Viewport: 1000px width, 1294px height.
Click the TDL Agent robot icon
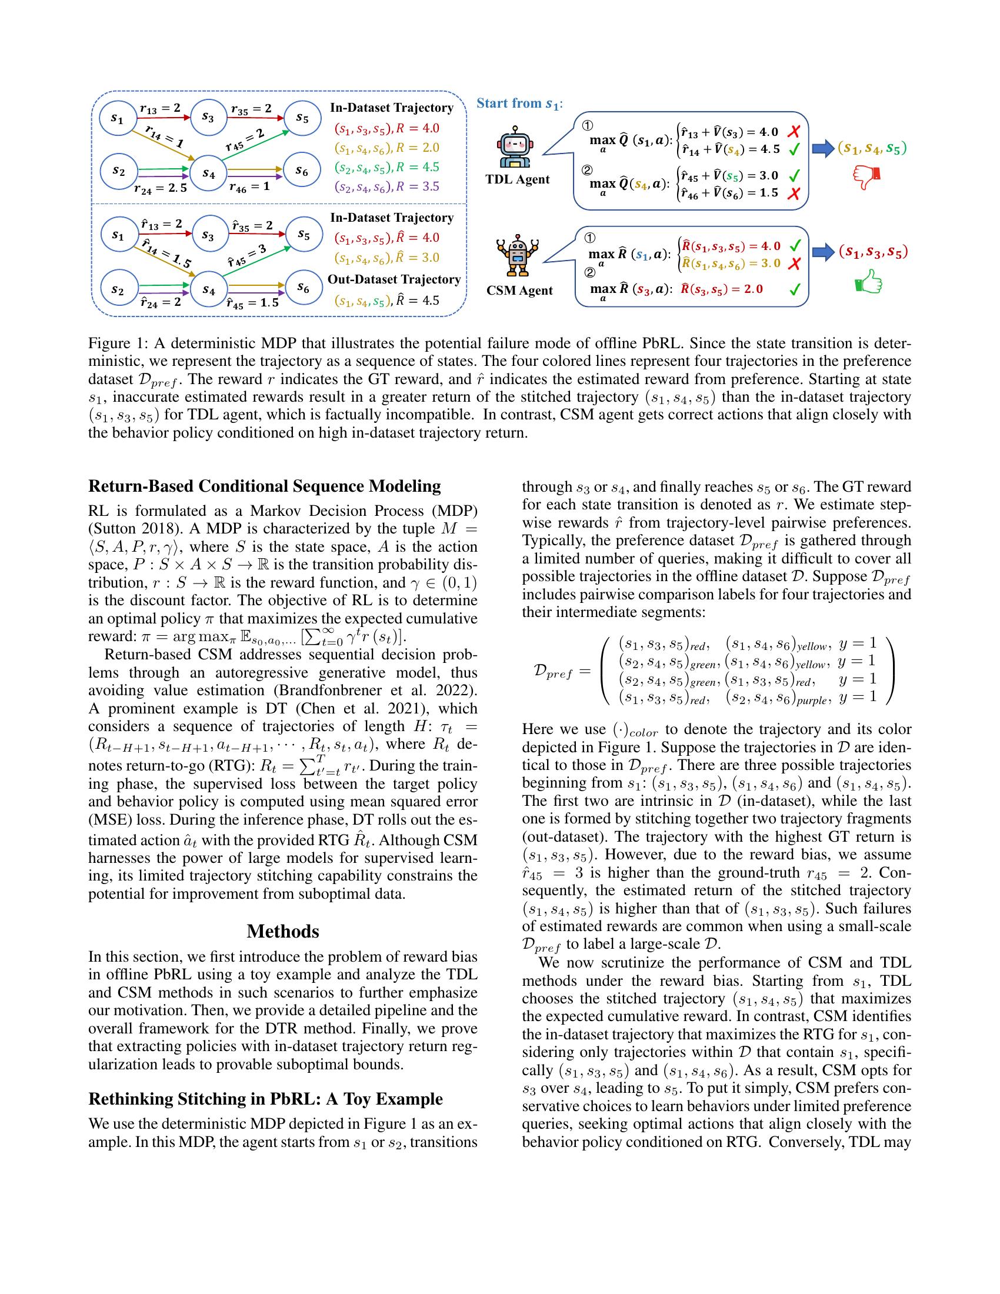(514, 146)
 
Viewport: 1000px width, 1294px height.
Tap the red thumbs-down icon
(866, 176)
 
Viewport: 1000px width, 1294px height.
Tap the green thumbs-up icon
(868, 282)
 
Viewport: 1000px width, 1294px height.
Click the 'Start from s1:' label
(519, 104)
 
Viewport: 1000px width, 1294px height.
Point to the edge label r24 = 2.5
(160, 189)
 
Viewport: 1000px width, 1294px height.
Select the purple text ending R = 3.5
(387, 187)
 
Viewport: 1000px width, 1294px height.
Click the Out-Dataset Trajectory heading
(394, 279)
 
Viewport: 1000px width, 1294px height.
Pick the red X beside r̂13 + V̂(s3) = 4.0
(794, 132)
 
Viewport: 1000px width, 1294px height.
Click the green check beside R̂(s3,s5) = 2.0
(796, 289)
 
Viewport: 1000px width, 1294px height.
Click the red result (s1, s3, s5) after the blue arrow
(872, 252)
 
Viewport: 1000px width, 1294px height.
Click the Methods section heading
(282, 931)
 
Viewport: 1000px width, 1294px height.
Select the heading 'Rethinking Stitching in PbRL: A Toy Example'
(265, 1099)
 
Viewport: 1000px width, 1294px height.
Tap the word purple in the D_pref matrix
(811, 701)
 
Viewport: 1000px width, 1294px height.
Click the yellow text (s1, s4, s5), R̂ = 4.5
(387, 301)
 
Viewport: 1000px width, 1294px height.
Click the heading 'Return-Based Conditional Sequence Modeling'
(264, 486)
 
